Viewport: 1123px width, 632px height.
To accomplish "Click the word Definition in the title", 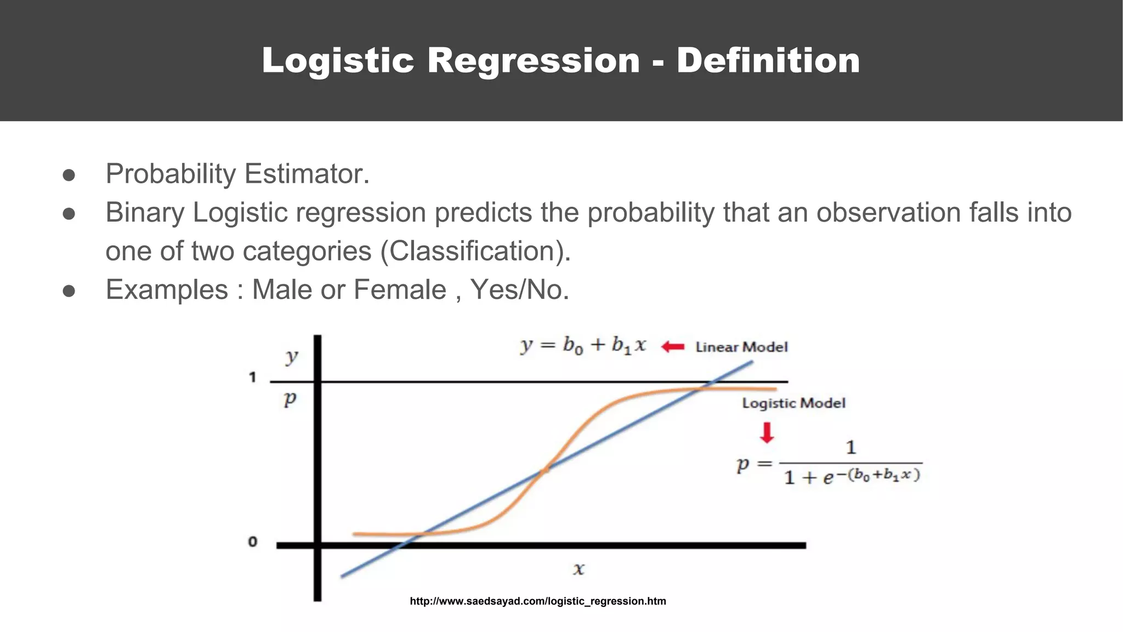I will click(768, 60).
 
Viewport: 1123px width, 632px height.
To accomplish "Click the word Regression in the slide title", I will click(533, 60).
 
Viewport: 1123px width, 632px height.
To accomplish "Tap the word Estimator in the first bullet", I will click(307, 174).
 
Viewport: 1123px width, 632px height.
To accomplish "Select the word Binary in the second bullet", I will click(145, 213).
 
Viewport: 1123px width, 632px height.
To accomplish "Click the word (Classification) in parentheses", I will click(475, 251).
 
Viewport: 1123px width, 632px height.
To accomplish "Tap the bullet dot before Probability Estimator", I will click(69, 175).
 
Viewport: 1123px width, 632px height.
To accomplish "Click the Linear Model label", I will click(741, 347).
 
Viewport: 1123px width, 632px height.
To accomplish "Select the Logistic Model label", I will click(793, 403).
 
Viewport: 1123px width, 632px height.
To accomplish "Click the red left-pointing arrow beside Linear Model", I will click(673, 347).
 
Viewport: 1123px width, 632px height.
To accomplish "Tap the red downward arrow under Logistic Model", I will click(767, 432).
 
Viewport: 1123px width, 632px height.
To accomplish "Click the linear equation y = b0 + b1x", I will click(583, 346).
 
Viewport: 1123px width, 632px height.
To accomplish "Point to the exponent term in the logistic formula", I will click(883, 475).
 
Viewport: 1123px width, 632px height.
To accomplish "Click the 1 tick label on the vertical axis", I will click(252, 377).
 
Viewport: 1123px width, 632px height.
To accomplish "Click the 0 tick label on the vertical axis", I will click(252, 542).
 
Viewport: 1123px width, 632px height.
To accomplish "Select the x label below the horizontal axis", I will click(578, 569).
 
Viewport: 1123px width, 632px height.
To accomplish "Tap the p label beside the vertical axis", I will click(290, 398).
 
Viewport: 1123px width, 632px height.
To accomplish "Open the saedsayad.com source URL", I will click(538, 601).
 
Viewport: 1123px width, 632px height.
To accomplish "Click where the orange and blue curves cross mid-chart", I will click(545, 470).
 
